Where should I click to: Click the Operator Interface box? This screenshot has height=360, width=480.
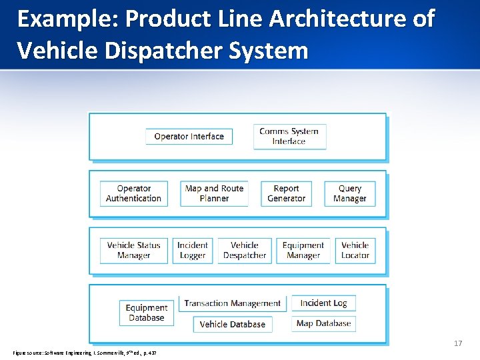(x=189, y=137)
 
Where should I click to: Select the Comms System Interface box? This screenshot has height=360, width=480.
(x=289, y=136)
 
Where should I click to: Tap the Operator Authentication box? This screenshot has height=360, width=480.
(x=133, y=193)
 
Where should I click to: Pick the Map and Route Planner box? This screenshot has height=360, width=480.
(x=214, y=193)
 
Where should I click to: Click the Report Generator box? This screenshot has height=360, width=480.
(x=286, y=193)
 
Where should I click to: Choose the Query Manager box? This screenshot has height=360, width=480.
(x=350, y=193)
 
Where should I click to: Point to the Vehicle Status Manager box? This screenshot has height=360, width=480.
(x=133, y=250)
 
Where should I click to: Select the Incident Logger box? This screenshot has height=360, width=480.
(x=193, y=250)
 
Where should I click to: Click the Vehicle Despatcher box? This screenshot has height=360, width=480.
(x=245, y=250)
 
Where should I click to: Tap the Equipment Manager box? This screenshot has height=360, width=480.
(x=303, y=250)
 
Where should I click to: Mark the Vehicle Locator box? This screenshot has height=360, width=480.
(x=355, y=250)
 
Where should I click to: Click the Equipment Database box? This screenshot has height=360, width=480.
(x=146, y=313)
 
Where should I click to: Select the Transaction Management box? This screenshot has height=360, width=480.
(x=233, y=303)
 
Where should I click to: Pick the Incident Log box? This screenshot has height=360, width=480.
(x=323, y=303)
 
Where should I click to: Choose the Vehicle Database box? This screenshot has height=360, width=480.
(x=233, y=324)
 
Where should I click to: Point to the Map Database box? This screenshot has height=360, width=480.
(x=323, y=323)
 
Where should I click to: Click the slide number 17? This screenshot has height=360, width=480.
(x=458, y=343)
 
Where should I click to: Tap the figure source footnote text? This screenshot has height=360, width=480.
(x=84, y=352)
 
